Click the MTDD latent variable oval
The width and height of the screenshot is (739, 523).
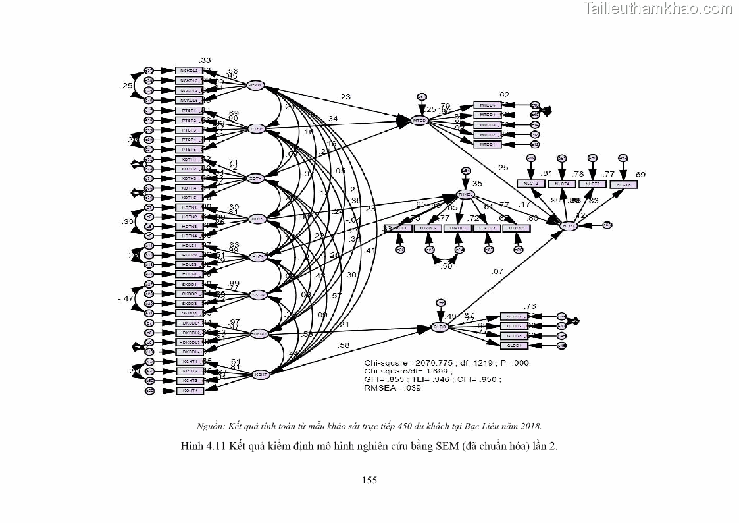click(x=420, y=120)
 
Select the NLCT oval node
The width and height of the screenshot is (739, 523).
click(x=568, y=226)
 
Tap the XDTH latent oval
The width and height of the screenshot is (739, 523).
click(x=255, y=179)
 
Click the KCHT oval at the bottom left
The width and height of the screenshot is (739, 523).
click(x=261, y=375)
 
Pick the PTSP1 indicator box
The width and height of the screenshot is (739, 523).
click(x=190, y=111)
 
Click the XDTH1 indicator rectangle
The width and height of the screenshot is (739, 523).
click(x=190, y=159)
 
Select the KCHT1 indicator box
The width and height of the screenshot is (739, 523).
click(x=190, y=362)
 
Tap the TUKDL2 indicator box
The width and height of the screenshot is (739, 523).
click(x=428, y=228)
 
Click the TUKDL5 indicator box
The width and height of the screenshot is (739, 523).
click(x=517, y=228)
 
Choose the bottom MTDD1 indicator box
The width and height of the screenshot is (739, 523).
click(x=488, y=144)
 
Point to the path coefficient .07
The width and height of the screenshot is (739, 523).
click(x=497, y=271)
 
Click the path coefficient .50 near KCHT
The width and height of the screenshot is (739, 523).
click(x=343, y=345)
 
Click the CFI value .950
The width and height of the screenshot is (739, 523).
click(x=489, y=379)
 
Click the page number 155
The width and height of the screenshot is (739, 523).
click(x=369, y=480)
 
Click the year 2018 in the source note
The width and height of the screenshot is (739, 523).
click(x=530, y=426)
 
